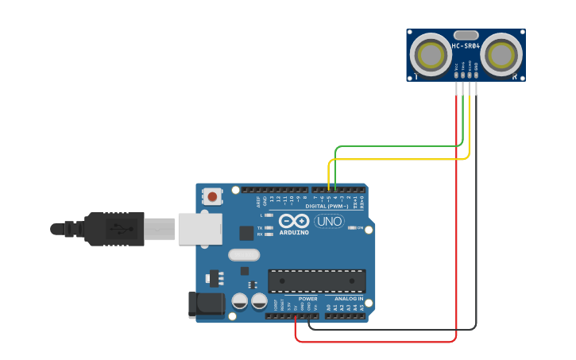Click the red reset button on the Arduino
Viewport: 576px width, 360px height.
coord(211,195)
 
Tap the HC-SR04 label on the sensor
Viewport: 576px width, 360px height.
coord(466,46)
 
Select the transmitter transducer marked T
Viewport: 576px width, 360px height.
coord(431,55)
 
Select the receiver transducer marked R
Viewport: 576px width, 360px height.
coord(502,55)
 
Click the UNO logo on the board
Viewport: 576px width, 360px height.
coord(329,221)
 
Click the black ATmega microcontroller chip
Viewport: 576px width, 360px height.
coord(317,281)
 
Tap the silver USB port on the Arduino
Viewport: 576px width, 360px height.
coord(199,229)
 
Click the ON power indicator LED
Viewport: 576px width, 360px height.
coord(350,228)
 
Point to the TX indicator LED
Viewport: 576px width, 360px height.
coord(269,227)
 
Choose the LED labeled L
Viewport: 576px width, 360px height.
coord(269,215)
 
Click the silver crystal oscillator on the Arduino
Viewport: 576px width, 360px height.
coord(244,255)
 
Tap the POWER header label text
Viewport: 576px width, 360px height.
coord(307,299)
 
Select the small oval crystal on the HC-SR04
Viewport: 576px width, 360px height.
coord(466,35)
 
